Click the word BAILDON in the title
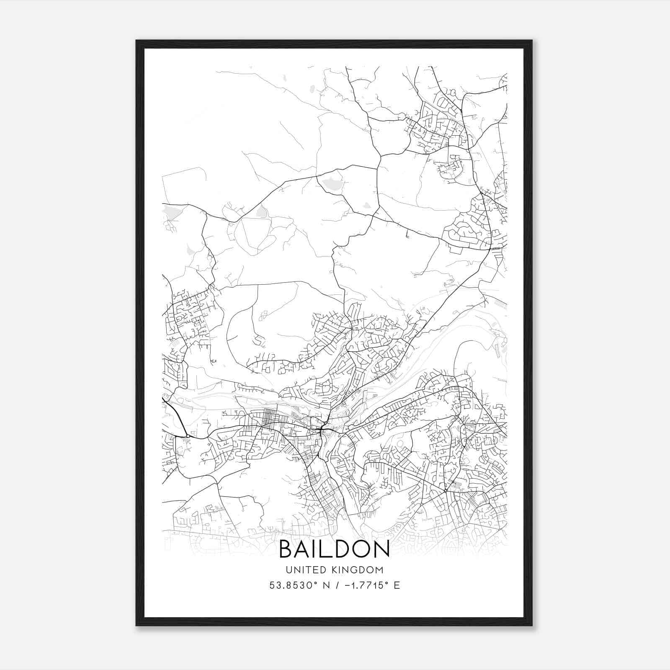coord(334,549)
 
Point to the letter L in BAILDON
coord(331,549)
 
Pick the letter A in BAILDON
coord(305,549)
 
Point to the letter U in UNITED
coord(289,570)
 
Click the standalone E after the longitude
coord(397,585)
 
